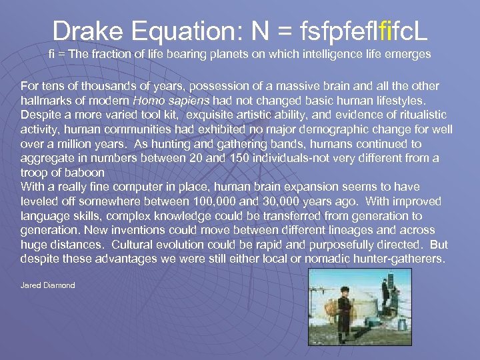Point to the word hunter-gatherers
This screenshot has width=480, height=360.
click(x=391, y=259)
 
